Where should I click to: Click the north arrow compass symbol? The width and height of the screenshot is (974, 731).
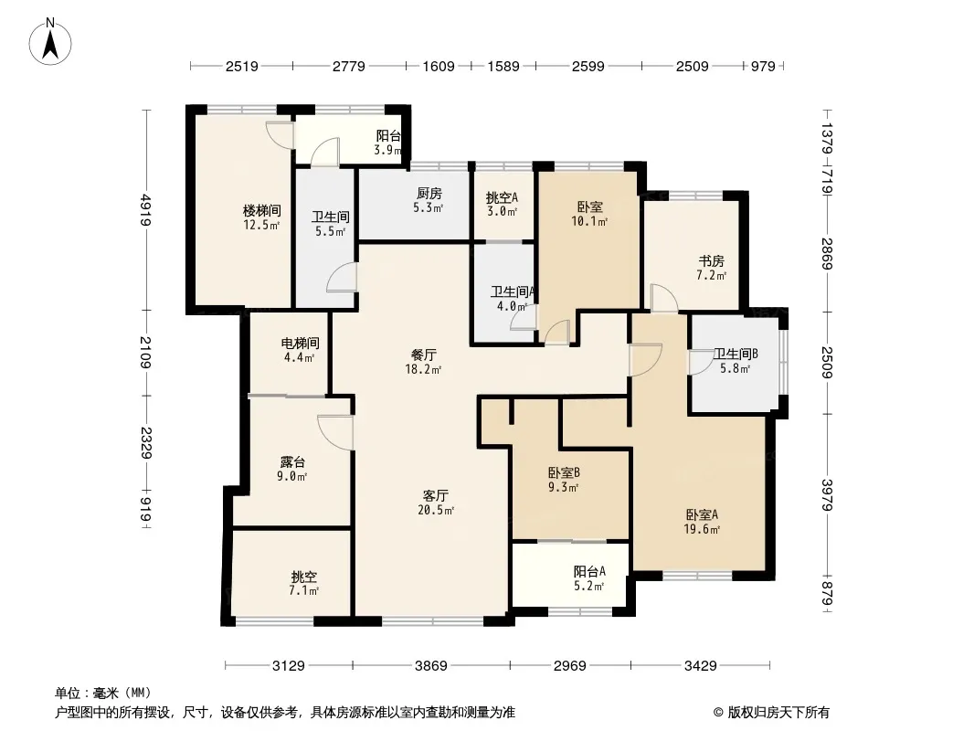click(50, 41)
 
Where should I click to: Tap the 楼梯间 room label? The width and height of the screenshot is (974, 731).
click(261, 210)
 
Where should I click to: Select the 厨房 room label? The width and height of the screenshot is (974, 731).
click(429, 193)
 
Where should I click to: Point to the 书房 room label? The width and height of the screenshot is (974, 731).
click(711, 260)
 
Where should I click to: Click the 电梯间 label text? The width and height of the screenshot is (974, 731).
click(300, 343)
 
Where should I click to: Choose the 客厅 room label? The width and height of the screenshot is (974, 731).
click(436, 495)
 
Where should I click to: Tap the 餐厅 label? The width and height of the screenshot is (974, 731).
click(424, 355)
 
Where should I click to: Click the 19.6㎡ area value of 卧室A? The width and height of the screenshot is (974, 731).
click(703, 530)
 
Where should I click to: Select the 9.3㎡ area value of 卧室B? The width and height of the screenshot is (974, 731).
click(564, 488)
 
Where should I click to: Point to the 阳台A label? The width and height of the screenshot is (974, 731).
click(588, 571)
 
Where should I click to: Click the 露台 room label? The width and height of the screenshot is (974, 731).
click(292, 462)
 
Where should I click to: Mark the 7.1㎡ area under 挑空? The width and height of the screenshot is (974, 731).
click(303, 590)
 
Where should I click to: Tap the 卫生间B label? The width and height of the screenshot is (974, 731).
click(736, 354)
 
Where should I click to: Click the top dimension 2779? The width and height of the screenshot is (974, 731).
click(348, 66)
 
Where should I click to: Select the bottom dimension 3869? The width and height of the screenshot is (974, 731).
click(431, 666)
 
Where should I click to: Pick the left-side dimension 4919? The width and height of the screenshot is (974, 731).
click(145, 209)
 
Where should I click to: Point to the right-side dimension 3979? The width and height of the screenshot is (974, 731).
click(828, 494)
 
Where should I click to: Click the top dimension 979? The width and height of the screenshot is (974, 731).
click(764, 66)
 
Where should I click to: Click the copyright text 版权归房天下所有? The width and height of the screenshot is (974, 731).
click(778, 713)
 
